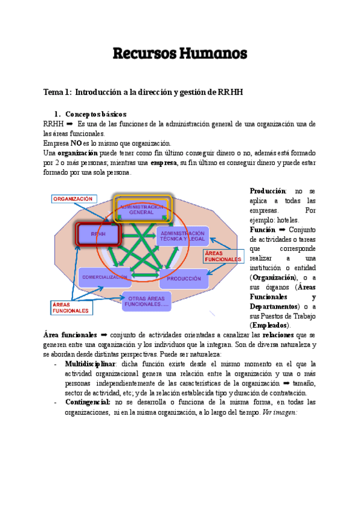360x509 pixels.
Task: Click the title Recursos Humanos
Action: pyautogui.click(x=180, y=53)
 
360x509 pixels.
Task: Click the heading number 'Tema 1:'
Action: pyautogui.click(x=58, y=91)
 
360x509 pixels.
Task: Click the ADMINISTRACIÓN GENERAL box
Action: pyautogui.click(x=142, y=209)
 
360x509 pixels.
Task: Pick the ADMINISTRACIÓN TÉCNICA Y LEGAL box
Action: pyautogui.click(x=183, y=236)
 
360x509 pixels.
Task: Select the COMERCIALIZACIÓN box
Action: pyautogui.click(x=103, y=277)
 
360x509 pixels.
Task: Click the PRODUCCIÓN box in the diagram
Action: pyautogui.click(x=184, y=279)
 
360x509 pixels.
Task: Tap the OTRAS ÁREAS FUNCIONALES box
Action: pyautogui.click(x=147, y=301)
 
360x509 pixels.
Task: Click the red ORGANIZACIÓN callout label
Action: pyautogui.click(x=73, y=199)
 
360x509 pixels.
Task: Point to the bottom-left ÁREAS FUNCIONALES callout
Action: pyautogui.click(x=70, y=307)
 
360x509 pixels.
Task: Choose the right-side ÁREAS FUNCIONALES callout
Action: pyautogui.click(x=223, y=256)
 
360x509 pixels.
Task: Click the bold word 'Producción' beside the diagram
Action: pyautogui.click(x=268, y=191)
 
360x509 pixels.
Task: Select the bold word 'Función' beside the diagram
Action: pyautogui.click(x=263, y=229)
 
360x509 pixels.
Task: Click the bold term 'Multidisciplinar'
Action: pyautogui.click(x=89, y=364)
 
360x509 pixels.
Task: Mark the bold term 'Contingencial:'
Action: pyautogui.click(x=88, y=402)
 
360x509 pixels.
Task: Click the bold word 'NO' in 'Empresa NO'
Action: pyautogui.click(x=76, y=143)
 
